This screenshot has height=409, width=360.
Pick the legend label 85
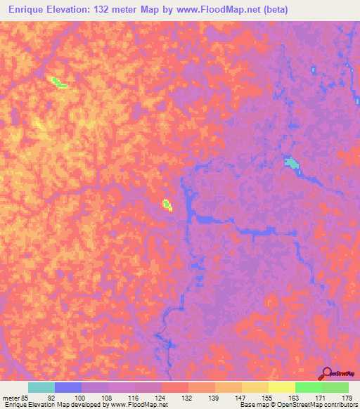[x=26, y=397]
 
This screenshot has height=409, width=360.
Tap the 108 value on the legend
[x=107, y=397]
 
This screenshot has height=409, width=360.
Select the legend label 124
[x=161, y=397]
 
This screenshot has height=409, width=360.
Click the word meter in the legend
[x=11, y=397]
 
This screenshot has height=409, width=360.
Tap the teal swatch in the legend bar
[x=41, y=387]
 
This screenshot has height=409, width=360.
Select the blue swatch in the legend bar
[x=67, y=387]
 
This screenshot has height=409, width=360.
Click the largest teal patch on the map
[x=291, y=164]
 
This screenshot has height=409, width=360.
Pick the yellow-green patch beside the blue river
[x=167, y=204]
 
